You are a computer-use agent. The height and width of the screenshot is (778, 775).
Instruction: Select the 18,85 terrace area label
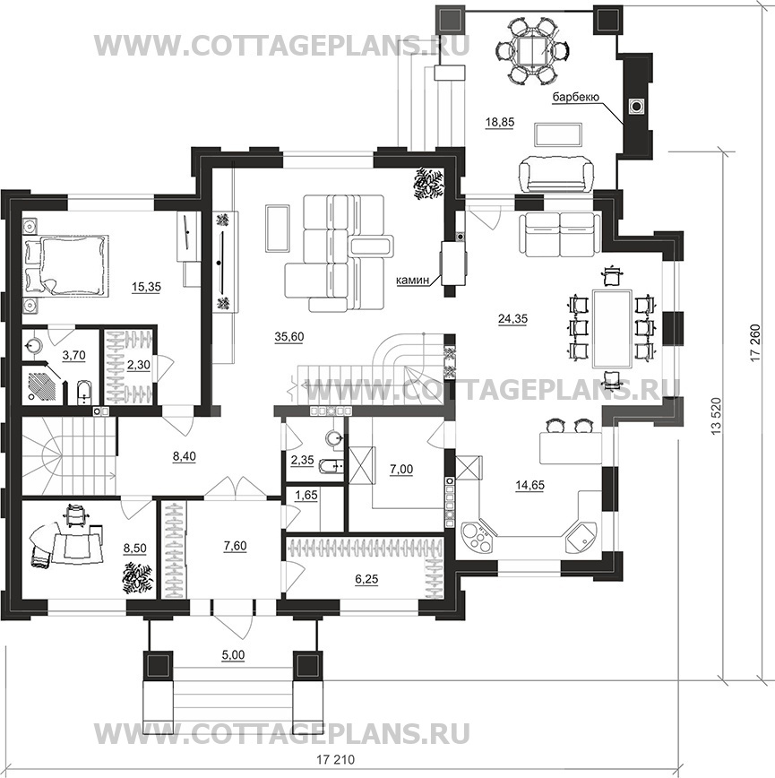coord(499,125)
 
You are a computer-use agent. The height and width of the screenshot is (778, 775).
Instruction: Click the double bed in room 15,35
coord(65,264)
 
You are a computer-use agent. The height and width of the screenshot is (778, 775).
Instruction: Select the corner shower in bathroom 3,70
coord(43,386)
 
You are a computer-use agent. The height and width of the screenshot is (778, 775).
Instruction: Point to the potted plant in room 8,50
coord(137,575)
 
